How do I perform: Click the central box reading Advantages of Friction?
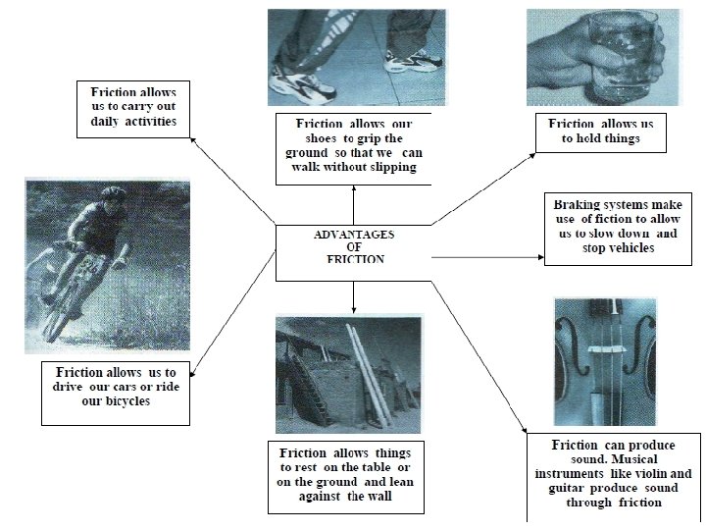click(x=353, y=253)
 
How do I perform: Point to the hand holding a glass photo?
click(x=602, y=56)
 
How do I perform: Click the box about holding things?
click(x=601, y=132)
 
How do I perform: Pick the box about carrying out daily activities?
click(x=132, y=109)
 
